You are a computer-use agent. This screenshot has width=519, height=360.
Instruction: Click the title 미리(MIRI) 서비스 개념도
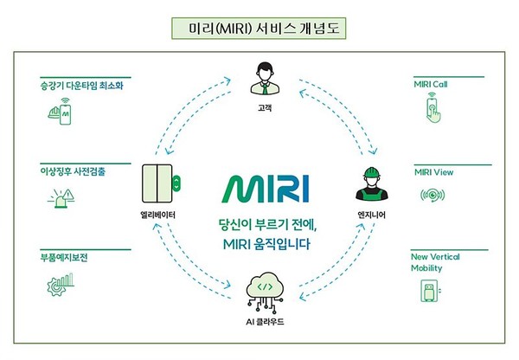click(259, 29)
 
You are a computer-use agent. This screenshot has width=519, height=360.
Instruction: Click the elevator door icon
click(161, 183)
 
